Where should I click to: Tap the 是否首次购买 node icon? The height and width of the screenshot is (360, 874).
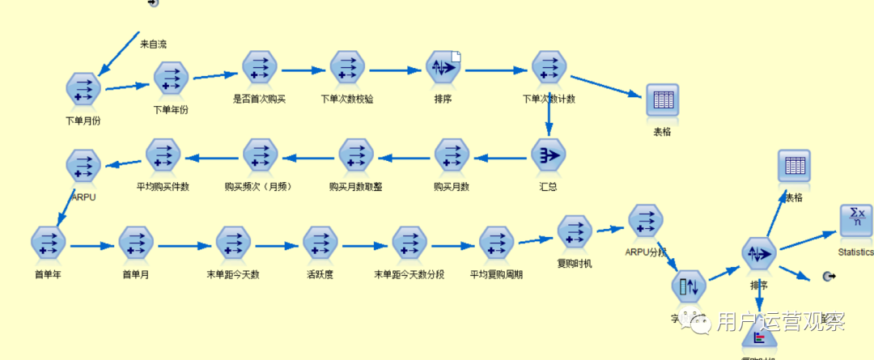260,68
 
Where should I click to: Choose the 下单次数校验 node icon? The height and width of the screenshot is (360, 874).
347,68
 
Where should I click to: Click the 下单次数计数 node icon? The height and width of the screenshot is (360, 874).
549,68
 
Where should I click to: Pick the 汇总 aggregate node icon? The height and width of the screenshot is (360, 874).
549,154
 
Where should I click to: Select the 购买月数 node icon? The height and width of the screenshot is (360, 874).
452,155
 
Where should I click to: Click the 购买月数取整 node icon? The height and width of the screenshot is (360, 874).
356,155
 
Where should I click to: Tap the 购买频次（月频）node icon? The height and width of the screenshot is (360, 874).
260,155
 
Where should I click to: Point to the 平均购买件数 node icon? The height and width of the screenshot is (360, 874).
163,155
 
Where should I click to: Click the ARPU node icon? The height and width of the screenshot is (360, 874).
83,166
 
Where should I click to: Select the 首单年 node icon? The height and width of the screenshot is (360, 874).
48,243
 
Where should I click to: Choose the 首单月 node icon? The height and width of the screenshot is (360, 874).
136,243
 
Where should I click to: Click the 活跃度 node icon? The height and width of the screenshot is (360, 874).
320,243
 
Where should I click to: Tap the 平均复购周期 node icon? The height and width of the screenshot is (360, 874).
496,243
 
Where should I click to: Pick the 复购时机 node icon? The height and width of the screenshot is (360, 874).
575,232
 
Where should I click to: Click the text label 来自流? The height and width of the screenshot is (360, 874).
153,44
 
